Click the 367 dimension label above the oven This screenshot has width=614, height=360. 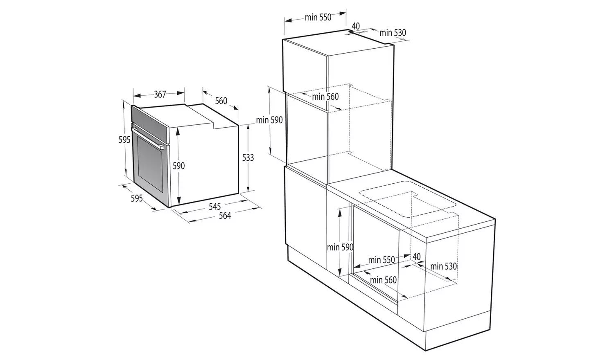pyautogui.click(x=160, y=94)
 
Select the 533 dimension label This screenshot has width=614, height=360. pyautogui.click(x=248, y=157)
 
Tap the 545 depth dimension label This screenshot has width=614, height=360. pyautogui.click(x=214, y=207)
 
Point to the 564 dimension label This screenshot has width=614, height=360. pyautogui.click(x=225, y=216)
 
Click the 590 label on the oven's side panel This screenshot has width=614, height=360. pyautogui.click(x=179, y=166)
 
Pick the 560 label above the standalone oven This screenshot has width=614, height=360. pyautogui.click(x=221, y=101)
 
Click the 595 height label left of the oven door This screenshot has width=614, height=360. pyautogui.click(x=124, y=140)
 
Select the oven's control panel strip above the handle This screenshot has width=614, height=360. pyautogui.click(x=150, y=122)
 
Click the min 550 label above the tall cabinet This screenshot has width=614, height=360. pyautogui.click(x=318, y=17)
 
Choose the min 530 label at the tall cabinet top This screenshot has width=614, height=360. pyautogui.click(x=393, y=33)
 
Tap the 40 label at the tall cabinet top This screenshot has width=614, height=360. pyautogui.click(x=356, y=26)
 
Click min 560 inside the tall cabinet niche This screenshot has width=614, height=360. pyautogui.click(x=325, y=97)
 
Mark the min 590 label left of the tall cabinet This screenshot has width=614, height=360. pyautogui.click(x=269, y=120)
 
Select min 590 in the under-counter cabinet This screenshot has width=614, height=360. pyautogui.click(x=340, y=247)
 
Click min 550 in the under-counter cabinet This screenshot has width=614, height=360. pyautogui.click(x=381, y=259)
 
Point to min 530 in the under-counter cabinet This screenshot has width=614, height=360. pyautogui.click(x=443, y=266)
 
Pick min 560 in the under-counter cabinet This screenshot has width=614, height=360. pyautogui.click(x=383, y=280)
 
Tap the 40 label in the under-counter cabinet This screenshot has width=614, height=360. pyautogui.click(x=416, y=257)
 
